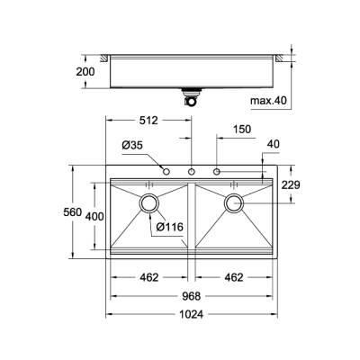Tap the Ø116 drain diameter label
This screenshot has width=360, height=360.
(x=170, y=226)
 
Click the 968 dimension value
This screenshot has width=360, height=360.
(x=192, y=296)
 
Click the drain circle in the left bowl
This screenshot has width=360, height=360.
(x=149, y=203)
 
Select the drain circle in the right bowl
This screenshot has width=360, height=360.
(x=235, y=203)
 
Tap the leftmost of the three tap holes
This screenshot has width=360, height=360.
(x=166, y=170)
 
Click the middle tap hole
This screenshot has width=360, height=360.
(x=192, y=170)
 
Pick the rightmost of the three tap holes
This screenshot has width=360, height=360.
(x=217, y=170)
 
